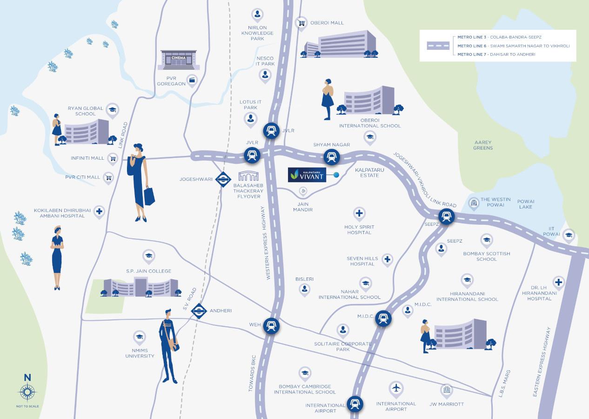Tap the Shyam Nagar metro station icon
331,157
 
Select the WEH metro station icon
271,325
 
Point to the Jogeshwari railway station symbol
223,179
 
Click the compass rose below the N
27,393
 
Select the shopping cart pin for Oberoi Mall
301,23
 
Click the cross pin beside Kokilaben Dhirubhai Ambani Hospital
99,212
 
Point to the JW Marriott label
447,404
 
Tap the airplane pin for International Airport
396,388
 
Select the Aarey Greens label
483,145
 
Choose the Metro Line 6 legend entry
513,46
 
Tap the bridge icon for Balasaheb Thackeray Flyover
248,176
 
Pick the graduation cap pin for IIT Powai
569,235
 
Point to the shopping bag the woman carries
149,196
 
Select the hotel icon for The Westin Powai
474,203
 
